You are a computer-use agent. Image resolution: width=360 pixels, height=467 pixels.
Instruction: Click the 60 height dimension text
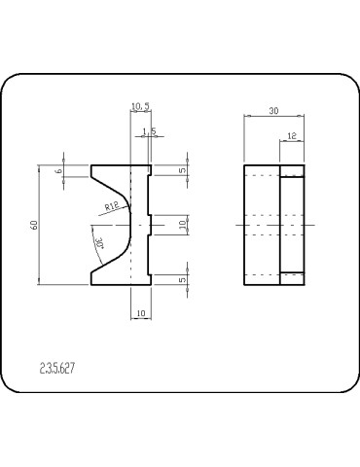[x=34, y=225]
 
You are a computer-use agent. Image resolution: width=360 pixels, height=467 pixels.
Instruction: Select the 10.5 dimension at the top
[x=139, y=108]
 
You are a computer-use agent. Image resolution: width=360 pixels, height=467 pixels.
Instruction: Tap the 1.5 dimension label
[x=149, y=130]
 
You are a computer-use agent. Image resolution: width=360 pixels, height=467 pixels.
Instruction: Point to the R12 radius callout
[x=111, y=205]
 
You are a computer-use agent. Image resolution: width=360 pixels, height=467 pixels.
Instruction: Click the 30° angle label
[x=99, y=242]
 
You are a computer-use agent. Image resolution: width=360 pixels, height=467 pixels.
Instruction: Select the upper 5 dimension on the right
[x=183, y=170]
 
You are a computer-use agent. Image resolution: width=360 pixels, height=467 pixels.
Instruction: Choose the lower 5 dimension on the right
[x=183, y=279]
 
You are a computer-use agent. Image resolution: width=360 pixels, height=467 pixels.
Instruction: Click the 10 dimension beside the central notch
[x=183, y=224]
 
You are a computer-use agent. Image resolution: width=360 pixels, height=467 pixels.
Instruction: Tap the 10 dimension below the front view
[x=140, y=312]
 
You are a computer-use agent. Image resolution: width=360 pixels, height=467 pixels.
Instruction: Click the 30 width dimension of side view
[x=273, y=112]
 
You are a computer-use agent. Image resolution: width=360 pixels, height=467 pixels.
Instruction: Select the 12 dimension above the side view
[x=292, y=138]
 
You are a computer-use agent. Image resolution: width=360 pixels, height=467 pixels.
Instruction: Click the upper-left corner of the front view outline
[x=91, y=164]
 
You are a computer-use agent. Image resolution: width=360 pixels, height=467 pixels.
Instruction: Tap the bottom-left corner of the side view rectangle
[x=243, y=285]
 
